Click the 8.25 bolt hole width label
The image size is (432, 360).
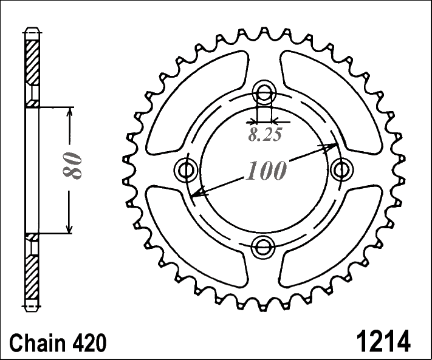265,135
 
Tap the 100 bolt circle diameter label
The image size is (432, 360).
266,171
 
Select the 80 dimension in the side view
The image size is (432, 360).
72,165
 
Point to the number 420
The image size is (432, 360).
89,343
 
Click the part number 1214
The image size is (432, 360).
383,341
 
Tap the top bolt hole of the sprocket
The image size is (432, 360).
264,92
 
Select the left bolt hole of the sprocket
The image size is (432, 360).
187,170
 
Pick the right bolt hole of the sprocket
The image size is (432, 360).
342,170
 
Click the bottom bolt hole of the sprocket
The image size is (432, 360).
263,247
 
